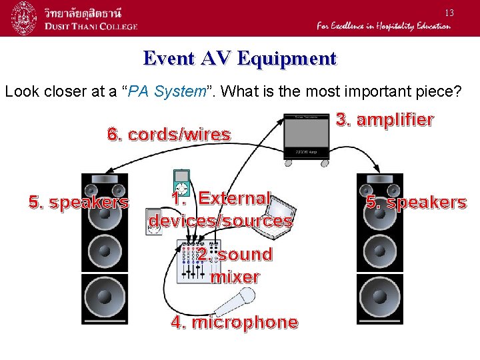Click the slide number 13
pyautogui.click(x=449, y=13)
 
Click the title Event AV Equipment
pyautogui.click(x=240, y=59)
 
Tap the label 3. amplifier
pyautogui.click(x=385, y=120)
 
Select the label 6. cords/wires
pyautogui.click(x=169, y=135)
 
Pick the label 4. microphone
pyautogui.click(x=235, y=323)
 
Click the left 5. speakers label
pyautogui.click(x=79, y=202)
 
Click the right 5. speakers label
pyautogui.click(x=416, y=202)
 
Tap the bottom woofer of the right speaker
pyautogui.click(x=380, y=299)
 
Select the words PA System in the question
pyautogui.click(x=178, y=91)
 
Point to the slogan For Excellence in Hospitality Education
pyautogui.click(x=383, y=26)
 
